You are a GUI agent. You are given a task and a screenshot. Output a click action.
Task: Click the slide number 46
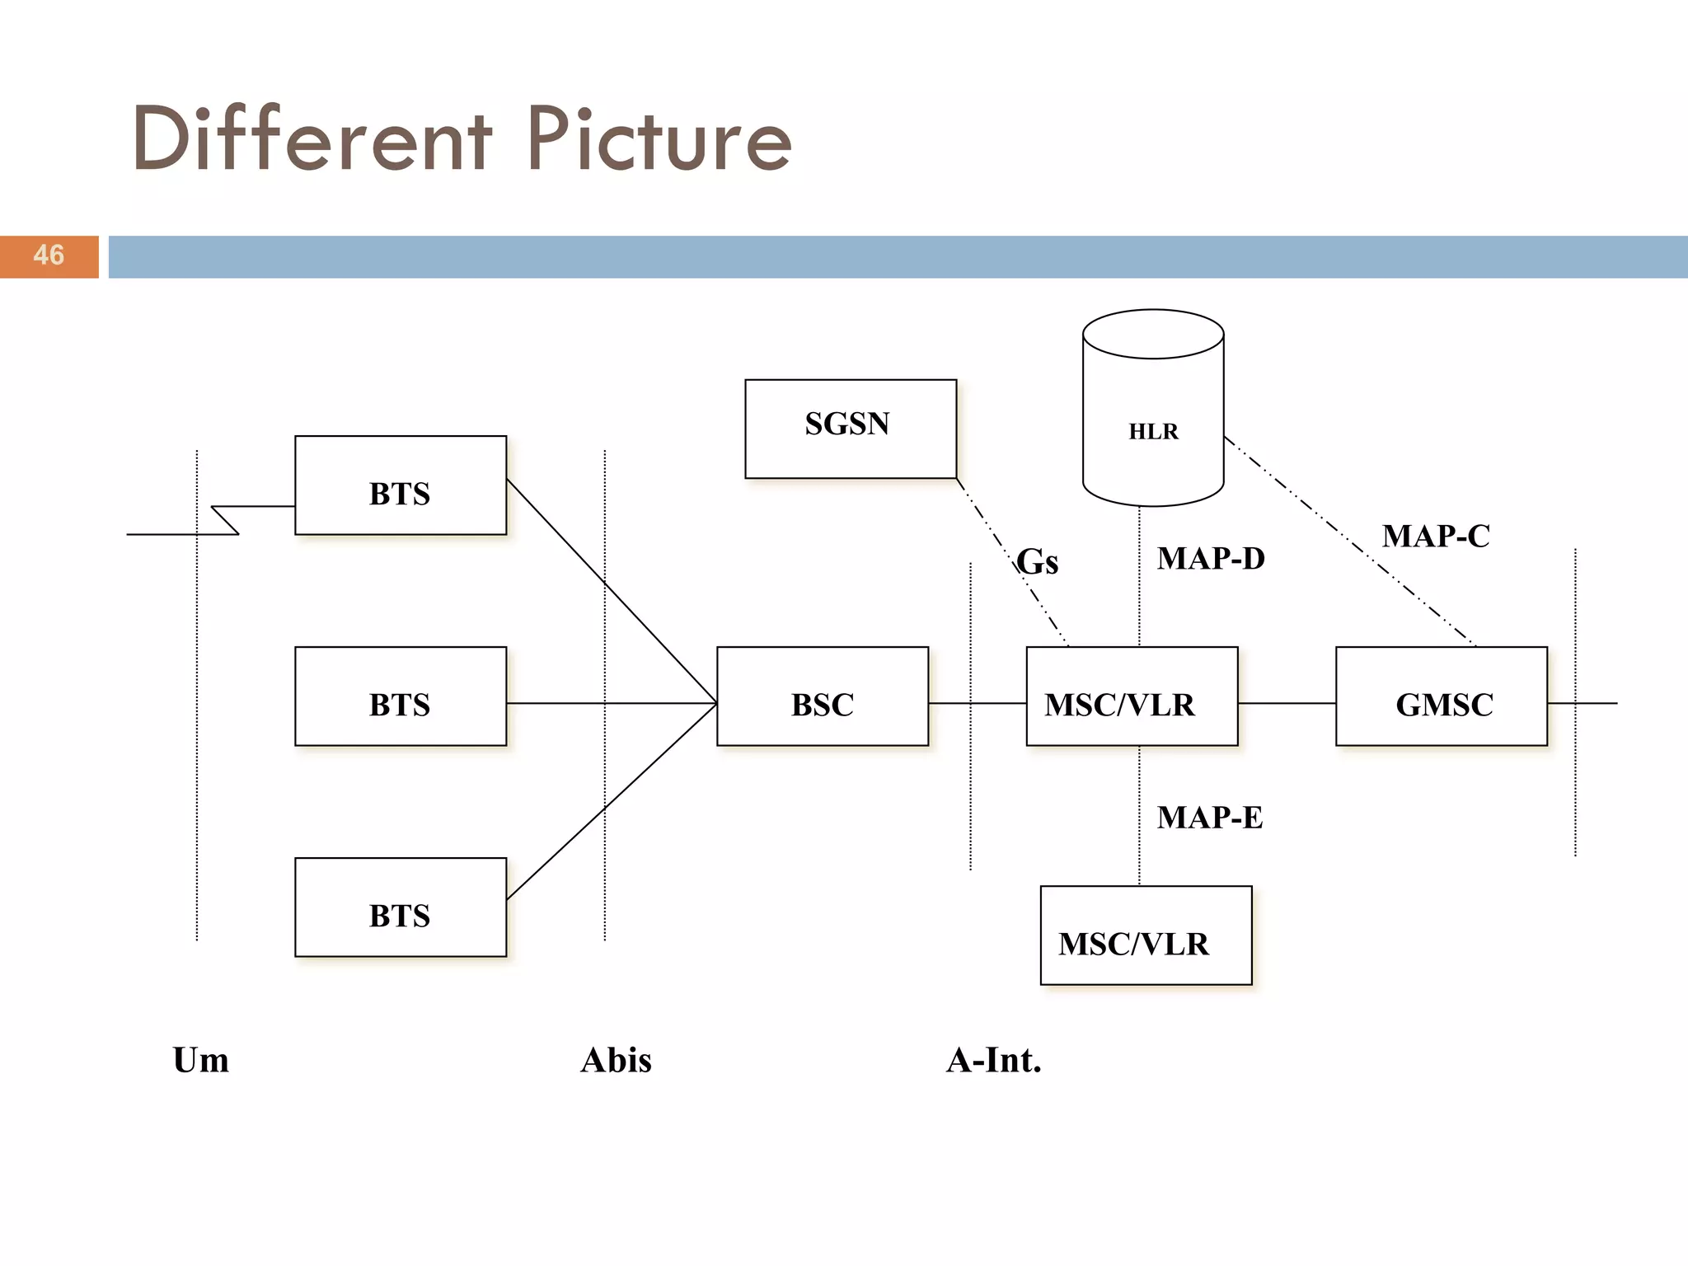pos(49,256)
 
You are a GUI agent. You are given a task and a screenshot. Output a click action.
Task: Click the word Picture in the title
pos(659,140)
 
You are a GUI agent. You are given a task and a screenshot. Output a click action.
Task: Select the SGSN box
pos(850,428)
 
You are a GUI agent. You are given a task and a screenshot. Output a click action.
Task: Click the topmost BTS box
pos(400,485)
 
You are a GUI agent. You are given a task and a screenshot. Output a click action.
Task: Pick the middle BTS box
pos(400,696)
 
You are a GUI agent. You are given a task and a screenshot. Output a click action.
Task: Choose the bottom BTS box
pos(400,907)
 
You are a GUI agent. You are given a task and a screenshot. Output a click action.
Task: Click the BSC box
pos(822,696)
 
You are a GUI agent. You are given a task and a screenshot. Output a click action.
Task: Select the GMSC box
pos(1441,696)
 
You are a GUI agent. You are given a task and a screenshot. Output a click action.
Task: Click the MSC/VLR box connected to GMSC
pos(1131,696)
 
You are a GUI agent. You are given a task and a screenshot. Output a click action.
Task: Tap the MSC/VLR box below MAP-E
pos(1145,935)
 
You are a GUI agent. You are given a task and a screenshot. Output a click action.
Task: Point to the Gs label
pos(1037,562)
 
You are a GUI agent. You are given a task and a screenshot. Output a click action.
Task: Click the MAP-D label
pos(1210,559)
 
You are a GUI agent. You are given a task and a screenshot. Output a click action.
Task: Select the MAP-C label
pos(1435,536)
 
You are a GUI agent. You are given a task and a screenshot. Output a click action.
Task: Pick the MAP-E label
pos(1209,818)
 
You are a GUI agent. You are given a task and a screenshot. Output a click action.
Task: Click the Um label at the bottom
pos(200,1060)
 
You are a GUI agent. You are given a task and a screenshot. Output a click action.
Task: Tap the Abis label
pos(616,1060)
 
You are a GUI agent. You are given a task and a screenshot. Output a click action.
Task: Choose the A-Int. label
pos(993,1060)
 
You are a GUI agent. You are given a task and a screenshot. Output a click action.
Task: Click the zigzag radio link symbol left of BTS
pos(225,520)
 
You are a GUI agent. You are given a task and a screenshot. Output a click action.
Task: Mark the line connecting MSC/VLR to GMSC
pos(1286,703)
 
